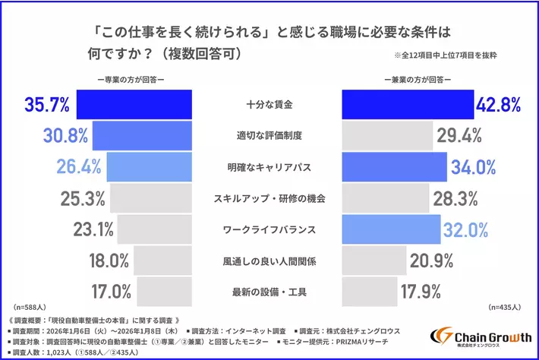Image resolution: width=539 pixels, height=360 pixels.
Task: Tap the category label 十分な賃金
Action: point(269,104)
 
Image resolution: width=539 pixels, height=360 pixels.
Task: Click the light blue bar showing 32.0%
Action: point(392,228)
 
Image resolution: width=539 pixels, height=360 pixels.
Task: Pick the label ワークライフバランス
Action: point(269,229)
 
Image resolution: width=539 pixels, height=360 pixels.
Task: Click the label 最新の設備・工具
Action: point(269,291)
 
